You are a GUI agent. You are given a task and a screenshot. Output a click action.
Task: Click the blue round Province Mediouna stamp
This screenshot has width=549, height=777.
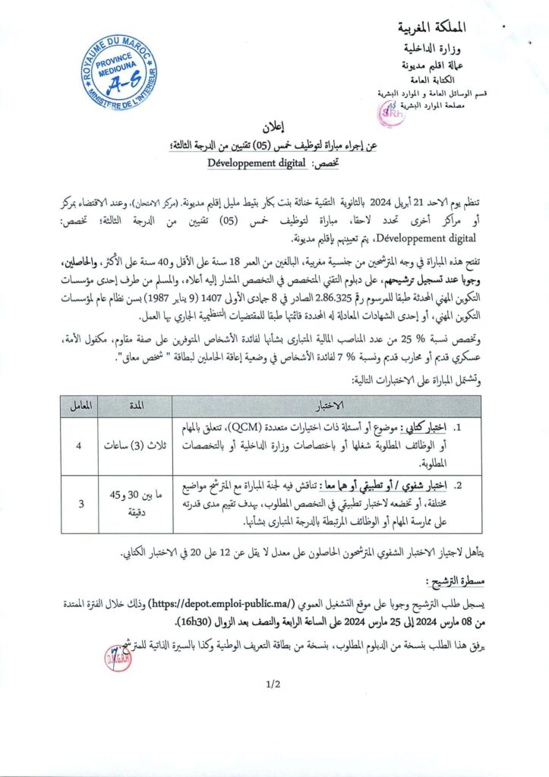click(x=118, y=73)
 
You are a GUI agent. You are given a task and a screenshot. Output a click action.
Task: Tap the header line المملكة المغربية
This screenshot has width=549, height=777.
click(x=433, y=30)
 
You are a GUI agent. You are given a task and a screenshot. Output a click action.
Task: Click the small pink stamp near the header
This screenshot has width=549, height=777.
click(x=390, y=112)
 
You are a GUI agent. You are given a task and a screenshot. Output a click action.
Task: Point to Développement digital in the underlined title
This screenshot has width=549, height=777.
click(x=256, y=162)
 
